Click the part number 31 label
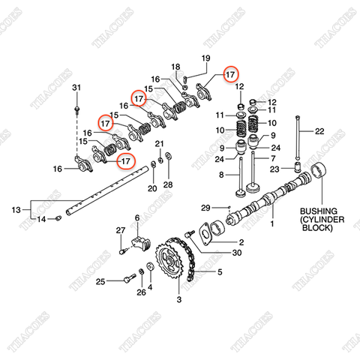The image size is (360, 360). (76, 88)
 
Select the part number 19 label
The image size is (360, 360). (205, 58)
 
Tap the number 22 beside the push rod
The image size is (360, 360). (319, 131)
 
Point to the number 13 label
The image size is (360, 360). (16, 210)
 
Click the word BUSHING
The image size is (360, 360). (319, 211)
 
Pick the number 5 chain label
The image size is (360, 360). (220, 271)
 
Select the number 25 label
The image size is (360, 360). (100, 282)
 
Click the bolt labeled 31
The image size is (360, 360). (77, 110)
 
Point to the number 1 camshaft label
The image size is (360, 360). (272, 223)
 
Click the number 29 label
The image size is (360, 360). (205, 208)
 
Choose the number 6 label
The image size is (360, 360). (137, 218)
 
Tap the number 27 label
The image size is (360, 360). (121, 230)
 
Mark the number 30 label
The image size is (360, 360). (237, 253)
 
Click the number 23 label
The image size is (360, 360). (274, 169)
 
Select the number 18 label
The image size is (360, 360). (175, 67)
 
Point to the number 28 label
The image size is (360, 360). (168, 184)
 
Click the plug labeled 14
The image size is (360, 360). (58, 218)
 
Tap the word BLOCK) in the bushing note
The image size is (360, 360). (317, 228)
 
